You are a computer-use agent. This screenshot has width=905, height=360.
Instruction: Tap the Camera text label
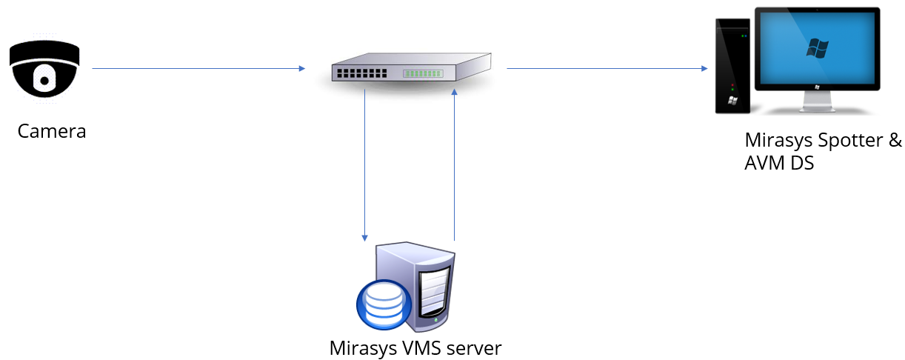coord(52,132)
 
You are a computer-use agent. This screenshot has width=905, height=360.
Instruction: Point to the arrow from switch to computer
coord(607,69)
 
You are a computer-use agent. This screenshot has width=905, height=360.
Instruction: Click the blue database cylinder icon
coord(381,306)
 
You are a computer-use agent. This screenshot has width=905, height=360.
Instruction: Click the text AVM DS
coord(779,163)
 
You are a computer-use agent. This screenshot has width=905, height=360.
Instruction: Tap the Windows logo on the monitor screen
coord(818,49)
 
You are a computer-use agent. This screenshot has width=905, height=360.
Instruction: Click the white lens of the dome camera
coord(44,76)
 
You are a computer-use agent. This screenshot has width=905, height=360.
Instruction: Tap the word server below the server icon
coord(475,347)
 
